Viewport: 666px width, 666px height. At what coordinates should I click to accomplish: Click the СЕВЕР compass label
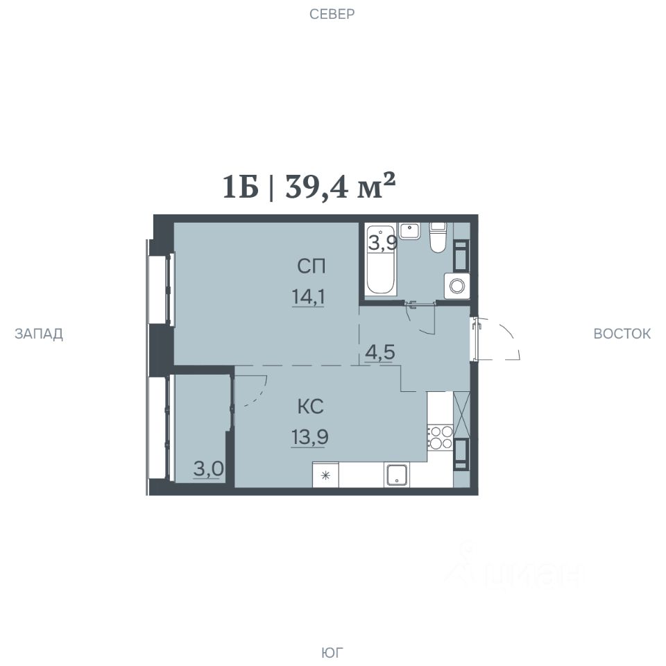pos(332,14)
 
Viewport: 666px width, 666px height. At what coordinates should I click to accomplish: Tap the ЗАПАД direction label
pos(39,334)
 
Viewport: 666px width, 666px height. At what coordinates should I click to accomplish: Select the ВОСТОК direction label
pos(622,334)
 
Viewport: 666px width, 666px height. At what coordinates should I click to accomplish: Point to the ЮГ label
pos(332,652)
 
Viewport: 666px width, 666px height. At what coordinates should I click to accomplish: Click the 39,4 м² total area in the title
pos(341,186)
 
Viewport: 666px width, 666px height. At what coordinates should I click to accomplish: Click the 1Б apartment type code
pos(241,187)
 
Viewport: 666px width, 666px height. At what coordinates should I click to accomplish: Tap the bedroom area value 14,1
pos(308,296)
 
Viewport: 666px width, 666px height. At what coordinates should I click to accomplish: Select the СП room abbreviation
pos(311,266)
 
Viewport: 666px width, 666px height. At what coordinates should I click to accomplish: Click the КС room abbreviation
pos(311,407)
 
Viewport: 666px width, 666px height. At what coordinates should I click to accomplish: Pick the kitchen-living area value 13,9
pos(310,437)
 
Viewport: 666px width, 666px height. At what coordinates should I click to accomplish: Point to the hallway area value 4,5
pos(380,352)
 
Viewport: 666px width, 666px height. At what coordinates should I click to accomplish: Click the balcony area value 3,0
pos(209,470)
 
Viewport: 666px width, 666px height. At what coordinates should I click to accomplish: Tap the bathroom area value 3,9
pos(383,244)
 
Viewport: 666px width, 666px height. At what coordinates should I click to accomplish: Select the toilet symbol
pos(438,237)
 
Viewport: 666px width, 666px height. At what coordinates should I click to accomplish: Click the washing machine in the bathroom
pos(457,285)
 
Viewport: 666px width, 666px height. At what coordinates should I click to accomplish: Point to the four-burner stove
pos(440,438)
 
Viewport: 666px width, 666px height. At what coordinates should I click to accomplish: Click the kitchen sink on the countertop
pos(396,475)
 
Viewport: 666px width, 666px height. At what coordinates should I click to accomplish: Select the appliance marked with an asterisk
pos(326,475)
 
